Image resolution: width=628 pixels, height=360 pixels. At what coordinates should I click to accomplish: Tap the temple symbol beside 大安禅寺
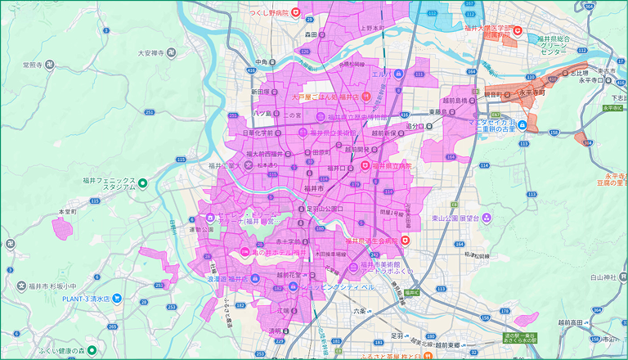click(x=170, y=52)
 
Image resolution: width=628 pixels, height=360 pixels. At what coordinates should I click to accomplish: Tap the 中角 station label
click(x=262, y=62)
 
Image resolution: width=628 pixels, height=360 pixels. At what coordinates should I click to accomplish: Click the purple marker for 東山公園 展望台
click(x=487, y=218)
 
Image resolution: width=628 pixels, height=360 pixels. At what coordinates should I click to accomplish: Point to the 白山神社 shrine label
click(x=603, y=278)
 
